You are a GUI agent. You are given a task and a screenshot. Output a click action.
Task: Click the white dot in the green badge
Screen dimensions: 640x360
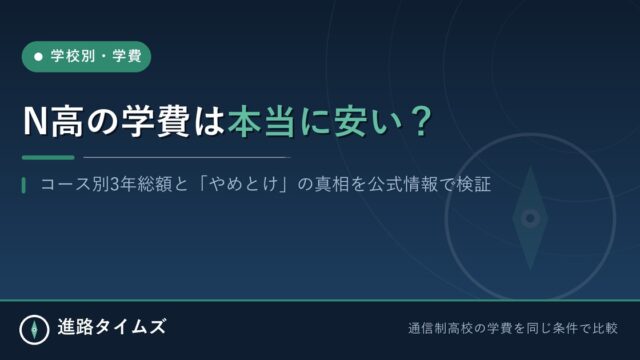(x=38, y=57)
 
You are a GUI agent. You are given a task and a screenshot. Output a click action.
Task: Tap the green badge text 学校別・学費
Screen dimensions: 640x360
(x=96, y=56)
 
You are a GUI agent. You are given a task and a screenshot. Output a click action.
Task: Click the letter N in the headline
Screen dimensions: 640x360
(x=36, y=122)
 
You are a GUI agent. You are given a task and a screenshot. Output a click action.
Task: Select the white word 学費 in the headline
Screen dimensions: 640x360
(x=156, y=122)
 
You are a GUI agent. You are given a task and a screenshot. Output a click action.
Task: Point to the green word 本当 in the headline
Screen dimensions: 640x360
(x=261, y=122)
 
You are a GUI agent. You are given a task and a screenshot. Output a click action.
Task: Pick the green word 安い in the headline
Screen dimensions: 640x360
(x=364, y=122)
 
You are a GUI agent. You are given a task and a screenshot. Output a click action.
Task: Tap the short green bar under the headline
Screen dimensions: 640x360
(x=48, y=157)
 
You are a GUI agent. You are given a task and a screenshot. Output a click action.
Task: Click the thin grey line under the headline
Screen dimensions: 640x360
(x=187, y=157)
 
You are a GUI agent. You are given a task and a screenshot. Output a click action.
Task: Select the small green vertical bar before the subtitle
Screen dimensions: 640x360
(x=24, y=185)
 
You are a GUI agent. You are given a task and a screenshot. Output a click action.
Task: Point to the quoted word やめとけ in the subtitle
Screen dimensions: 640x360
(x=243, y=185)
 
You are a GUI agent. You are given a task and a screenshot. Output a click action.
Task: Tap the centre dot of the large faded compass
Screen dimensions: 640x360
(x=530, y=218)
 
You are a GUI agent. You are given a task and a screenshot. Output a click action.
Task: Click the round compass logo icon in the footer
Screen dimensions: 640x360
(x=34, y=329)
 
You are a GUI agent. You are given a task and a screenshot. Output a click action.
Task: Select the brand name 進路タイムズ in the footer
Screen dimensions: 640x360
(x=112, y=327)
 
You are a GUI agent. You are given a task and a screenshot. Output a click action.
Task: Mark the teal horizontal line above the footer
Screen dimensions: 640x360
(x=320, y=300)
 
